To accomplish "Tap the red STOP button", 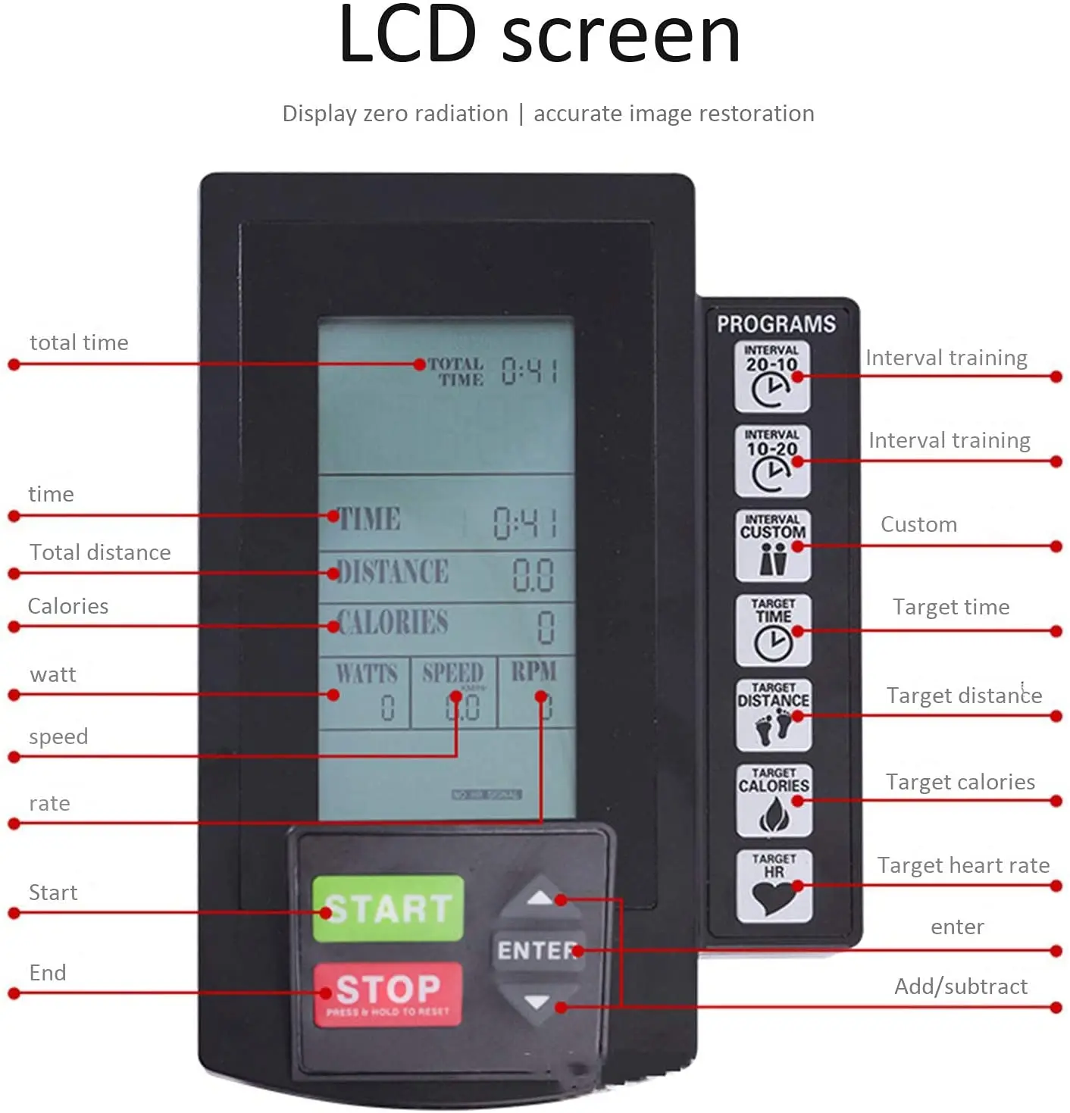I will [387, 993].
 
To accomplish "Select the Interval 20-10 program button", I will [771, 377].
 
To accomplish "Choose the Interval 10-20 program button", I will [771, 461].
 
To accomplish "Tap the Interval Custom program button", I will [772, 546].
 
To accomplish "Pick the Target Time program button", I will [773, 630].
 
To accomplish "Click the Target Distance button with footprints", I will [773, 715].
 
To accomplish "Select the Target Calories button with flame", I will [774, 800].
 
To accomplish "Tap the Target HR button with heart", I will [774, 885].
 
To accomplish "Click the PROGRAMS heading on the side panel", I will [776, 324].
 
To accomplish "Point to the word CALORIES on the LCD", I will [393, 623].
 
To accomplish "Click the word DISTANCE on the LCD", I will [393, 572].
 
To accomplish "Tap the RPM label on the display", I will [533, 671].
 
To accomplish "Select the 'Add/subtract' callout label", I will [960, 986].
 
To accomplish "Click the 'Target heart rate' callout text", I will [963, 865].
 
